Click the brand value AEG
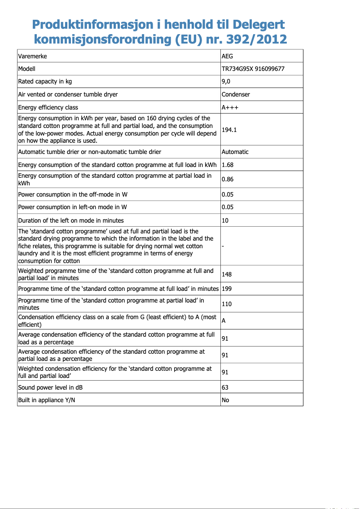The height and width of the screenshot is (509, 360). coord(228,56)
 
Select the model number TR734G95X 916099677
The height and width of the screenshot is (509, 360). coord(253,69)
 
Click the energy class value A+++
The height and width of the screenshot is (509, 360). coord(230,107)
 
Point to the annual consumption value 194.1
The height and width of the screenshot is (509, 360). coord(229,130)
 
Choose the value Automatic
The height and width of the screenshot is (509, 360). coord(235,152)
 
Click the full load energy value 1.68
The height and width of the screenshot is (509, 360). coord(228,165)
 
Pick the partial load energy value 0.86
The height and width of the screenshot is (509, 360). coord(228,179)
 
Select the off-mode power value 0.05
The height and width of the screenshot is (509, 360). coord(228,194)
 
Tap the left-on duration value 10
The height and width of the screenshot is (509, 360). coord(225,220)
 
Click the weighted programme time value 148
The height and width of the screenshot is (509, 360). coord(227,274)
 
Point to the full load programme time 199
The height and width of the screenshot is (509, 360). coord(227,289)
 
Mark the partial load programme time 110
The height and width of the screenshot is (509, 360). coord(227,304)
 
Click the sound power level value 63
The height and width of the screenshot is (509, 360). coord(225,387)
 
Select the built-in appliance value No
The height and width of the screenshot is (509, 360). coord(225,400)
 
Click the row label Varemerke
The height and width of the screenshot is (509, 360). coord(32,56)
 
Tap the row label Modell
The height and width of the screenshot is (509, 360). coord(26,69)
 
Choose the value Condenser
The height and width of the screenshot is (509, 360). coord(236,94)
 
